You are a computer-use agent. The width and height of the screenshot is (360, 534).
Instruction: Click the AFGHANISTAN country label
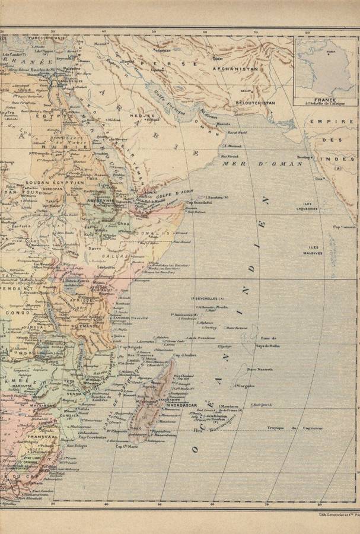[240, 69]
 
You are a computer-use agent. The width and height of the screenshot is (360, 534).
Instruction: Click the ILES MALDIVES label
[315, 250]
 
